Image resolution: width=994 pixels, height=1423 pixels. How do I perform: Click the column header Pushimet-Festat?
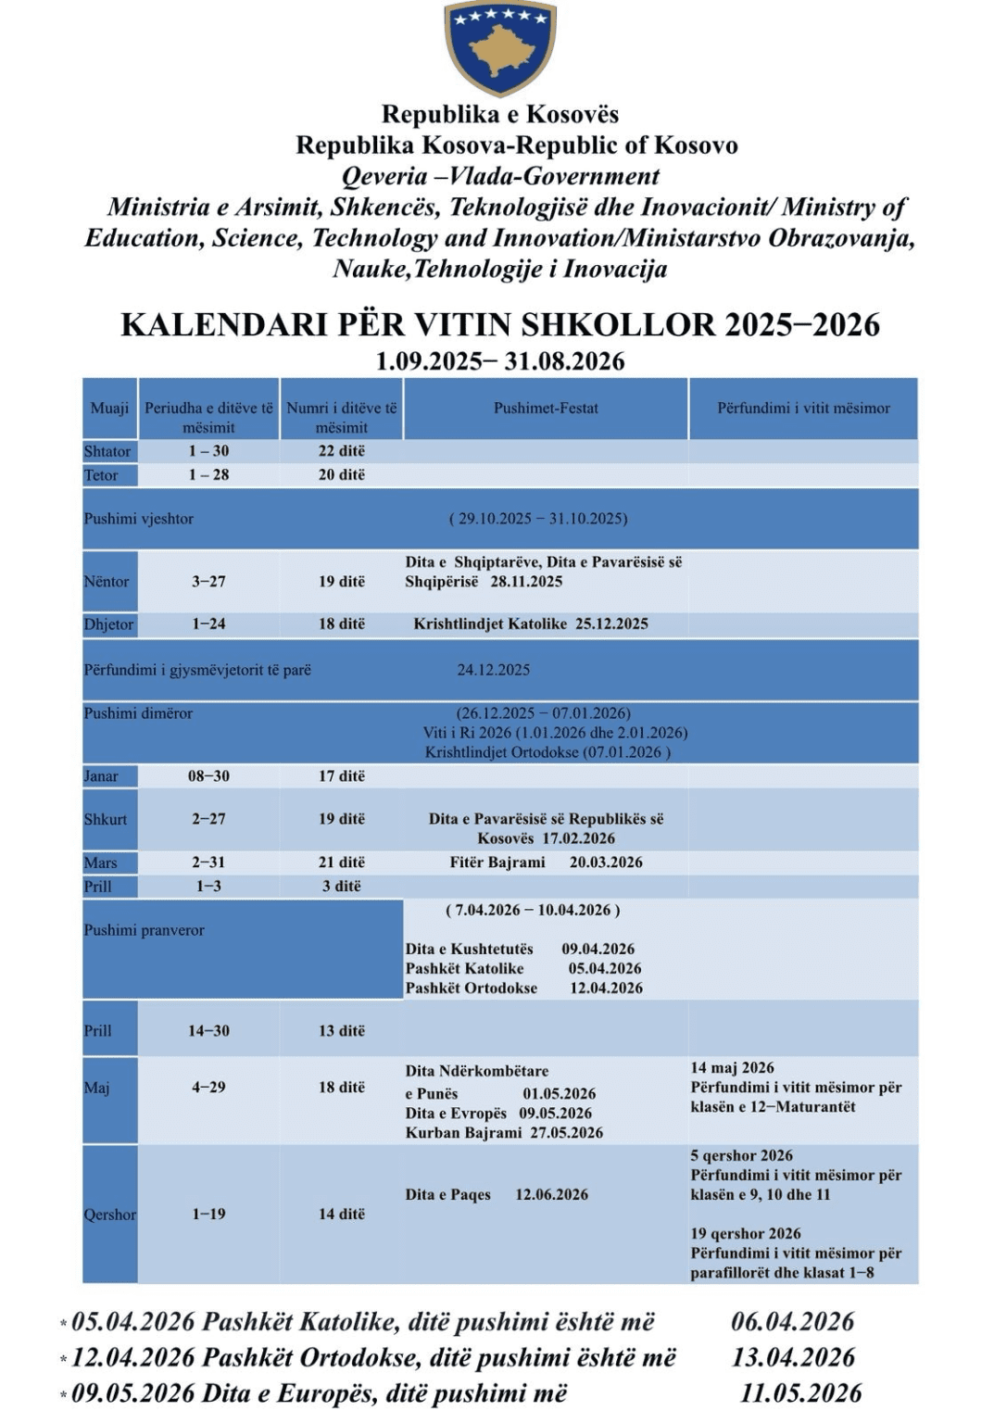546,408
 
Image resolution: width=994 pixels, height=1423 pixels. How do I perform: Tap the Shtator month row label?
107,451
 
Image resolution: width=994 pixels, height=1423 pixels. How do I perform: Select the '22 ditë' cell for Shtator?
342,451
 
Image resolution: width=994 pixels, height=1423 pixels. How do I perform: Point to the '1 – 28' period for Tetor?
208,475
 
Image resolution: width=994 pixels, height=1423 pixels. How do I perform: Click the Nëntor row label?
107,582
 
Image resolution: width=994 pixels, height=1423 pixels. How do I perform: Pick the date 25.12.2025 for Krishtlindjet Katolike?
611,623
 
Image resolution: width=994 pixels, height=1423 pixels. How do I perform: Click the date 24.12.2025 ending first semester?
493,670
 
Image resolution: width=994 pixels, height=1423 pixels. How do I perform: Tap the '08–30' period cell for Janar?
208,776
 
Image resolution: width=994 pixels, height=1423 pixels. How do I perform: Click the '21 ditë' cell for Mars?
342,863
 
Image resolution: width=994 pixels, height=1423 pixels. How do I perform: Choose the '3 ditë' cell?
342,887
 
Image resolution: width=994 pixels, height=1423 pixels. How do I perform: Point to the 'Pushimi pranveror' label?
145,930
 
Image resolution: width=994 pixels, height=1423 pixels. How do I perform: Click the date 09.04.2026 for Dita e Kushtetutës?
598,949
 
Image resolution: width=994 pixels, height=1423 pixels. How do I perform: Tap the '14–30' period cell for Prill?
208,1031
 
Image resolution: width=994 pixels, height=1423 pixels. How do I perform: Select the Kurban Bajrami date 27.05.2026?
566,1133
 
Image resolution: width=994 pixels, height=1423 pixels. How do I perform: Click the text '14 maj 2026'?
732,1068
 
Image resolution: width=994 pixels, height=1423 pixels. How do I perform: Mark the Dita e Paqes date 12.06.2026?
551,1195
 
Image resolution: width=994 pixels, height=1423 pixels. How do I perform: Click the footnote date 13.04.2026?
793,1358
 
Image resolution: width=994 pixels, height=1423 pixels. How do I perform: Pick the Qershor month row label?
109,1215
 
